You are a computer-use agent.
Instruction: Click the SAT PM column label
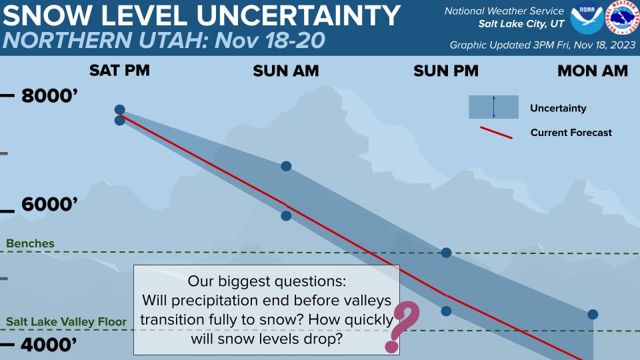(x=119, y=70)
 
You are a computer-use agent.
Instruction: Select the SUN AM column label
(x=286, y=71)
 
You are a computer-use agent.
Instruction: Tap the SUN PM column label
(x=446, y=71)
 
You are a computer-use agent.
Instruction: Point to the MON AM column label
(x=593, y=71)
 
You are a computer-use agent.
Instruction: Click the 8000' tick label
(x=49, y=96)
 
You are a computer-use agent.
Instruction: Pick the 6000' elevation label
(x=49, y=204)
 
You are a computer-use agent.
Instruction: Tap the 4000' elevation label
(x=49, y=345)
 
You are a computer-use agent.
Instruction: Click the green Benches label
(x=30, y=243)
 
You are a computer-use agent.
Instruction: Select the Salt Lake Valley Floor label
(x=66, y=321)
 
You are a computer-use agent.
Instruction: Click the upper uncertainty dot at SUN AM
(x=286, y=166)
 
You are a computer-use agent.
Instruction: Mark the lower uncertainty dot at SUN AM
(x=286, y=215)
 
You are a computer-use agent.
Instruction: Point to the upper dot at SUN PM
(x=446, y=253)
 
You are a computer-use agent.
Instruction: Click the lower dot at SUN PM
(x=446, y=311)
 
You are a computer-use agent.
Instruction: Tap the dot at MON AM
(x=593, y=314)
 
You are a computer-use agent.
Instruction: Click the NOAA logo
(x=587, y=17)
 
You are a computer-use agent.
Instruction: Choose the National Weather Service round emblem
(x=622, y=17)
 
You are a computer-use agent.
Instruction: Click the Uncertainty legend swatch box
(x=493, y=107)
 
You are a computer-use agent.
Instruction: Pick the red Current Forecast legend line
(x=496, y=133)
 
